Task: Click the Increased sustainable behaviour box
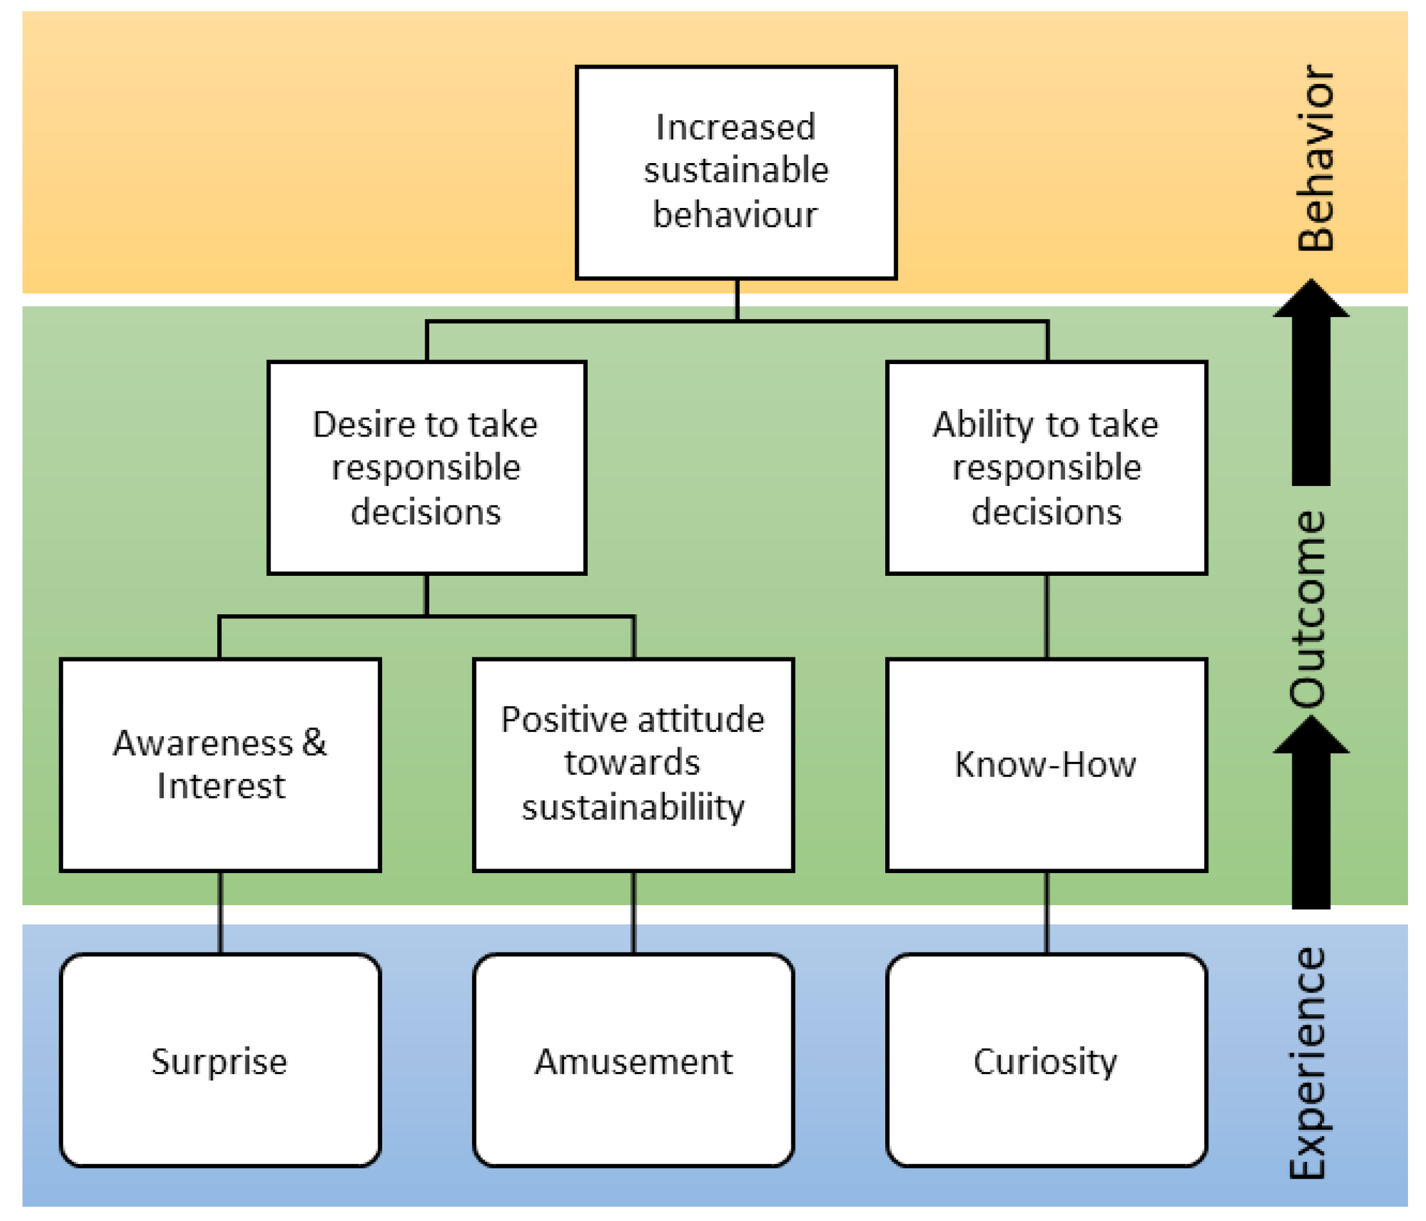pyautogui.click(x=735, y=172)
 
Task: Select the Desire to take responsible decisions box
pyautogui.click(x=427, y=468)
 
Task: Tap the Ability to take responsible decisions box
pyautogui.click(x=1046, y=468)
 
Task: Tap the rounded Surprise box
pyautogui.click(x=220, y=1061)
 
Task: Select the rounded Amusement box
pyautogui.click(x=633, y=1061)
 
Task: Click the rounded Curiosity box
pyautogui.click(x=1046, y=1061)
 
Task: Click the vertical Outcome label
pyautogui.click(x=1308, y=609)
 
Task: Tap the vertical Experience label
pyautogui.click(x=1308, y=1063)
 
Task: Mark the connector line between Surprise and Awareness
pyautogui.click(x=220, y=912)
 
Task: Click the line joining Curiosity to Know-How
pyautogui.click(x=1047, y=912)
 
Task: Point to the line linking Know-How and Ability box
pyautogui.click(x=1047, y=616)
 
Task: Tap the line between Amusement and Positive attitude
pyautogui.click(x=634, y=912)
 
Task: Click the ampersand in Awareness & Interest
pyautogui.click(x=314, y=743)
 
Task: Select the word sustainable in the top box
pyautogui.click(x=735, y=171)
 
